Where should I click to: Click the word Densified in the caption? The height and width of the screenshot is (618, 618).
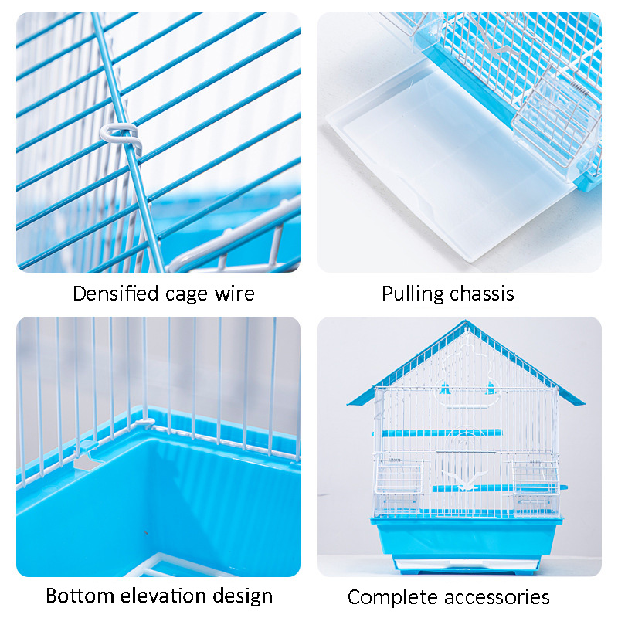click(116, 294)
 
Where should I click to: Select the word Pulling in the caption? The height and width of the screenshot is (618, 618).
click(413, 294)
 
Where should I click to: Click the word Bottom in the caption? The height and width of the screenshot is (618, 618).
click(80, 595)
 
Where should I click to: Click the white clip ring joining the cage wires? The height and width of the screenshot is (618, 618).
click(121, 134)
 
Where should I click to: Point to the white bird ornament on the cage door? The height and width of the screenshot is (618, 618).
click(465, 479)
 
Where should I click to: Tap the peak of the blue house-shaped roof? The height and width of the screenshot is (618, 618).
click(466, 321)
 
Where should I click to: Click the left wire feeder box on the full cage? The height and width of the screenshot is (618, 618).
click(398, 476)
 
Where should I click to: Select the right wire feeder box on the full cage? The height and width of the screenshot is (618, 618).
click(536, 476)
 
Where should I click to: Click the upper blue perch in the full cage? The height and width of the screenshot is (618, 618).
click(437, 433)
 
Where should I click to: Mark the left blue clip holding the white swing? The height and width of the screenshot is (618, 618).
click(445, 389)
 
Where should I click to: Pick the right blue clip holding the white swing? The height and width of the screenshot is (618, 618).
click(491, 389)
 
